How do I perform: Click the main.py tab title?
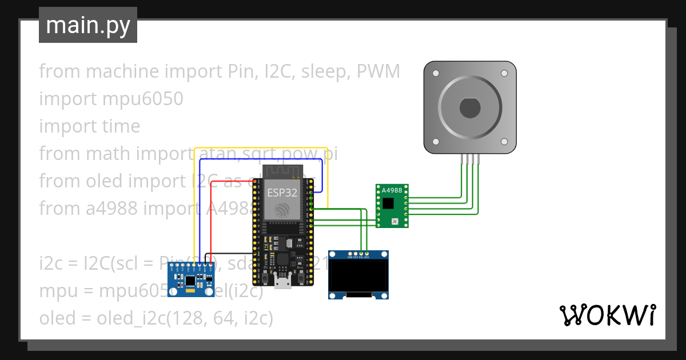(x=87, y=25)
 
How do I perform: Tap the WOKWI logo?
(x=607, y=315)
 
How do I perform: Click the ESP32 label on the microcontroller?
(x=282, y=193)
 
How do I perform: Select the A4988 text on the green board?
(x=392, y=190)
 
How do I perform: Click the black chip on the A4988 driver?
(x=389, y=203)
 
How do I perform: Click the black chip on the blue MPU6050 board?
(x=189, y=282)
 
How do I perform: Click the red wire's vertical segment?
(x=211, y=223)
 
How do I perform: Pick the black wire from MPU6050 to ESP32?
(x=229, y=253)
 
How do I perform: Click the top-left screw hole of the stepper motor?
(x=436, y=74)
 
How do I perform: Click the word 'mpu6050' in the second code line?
(x=142, y=99)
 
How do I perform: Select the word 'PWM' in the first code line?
(x=378, y=71)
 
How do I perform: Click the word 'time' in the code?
(x=121, y=126)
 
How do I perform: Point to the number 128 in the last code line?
(x=184, y=318)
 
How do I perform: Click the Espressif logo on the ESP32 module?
(x=282, y=210)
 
